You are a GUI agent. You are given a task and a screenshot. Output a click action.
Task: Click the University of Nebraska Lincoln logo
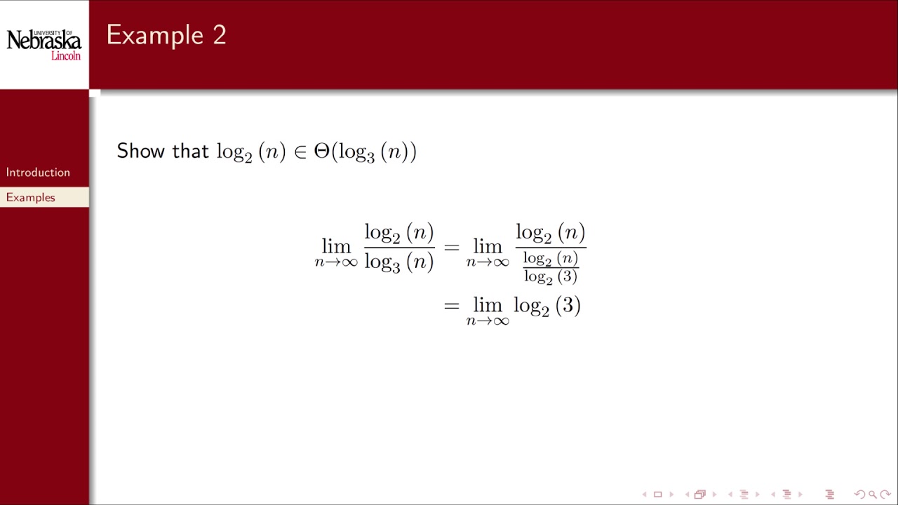click(44, 45)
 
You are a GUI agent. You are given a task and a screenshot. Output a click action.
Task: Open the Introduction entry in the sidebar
click(38, 173)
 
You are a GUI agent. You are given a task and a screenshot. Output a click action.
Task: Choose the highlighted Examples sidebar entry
click(31, 198)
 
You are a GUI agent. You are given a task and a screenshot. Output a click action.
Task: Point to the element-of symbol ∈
click(300, 152)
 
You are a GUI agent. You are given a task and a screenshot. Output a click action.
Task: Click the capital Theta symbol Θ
click(321, 151)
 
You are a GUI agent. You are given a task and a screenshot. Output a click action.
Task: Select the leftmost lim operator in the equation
click(336, 246)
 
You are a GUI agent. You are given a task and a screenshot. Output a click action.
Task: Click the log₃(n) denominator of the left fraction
click(398, 262)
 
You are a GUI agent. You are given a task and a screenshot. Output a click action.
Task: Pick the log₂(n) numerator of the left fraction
click(398, 233)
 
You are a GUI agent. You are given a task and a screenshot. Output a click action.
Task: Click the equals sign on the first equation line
click(451, 247)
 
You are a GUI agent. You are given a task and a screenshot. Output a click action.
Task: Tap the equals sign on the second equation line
click(451, 306)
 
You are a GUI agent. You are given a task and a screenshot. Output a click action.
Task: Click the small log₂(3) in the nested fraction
click(550, 276)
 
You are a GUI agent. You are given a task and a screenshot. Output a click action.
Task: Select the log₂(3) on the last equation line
click(547, 307)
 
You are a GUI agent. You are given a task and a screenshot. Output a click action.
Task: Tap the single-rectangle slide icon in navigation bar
click(657, 494)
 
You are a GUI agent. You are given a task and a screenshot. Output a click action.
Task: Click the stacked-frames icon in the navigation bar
click(699, 494)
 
